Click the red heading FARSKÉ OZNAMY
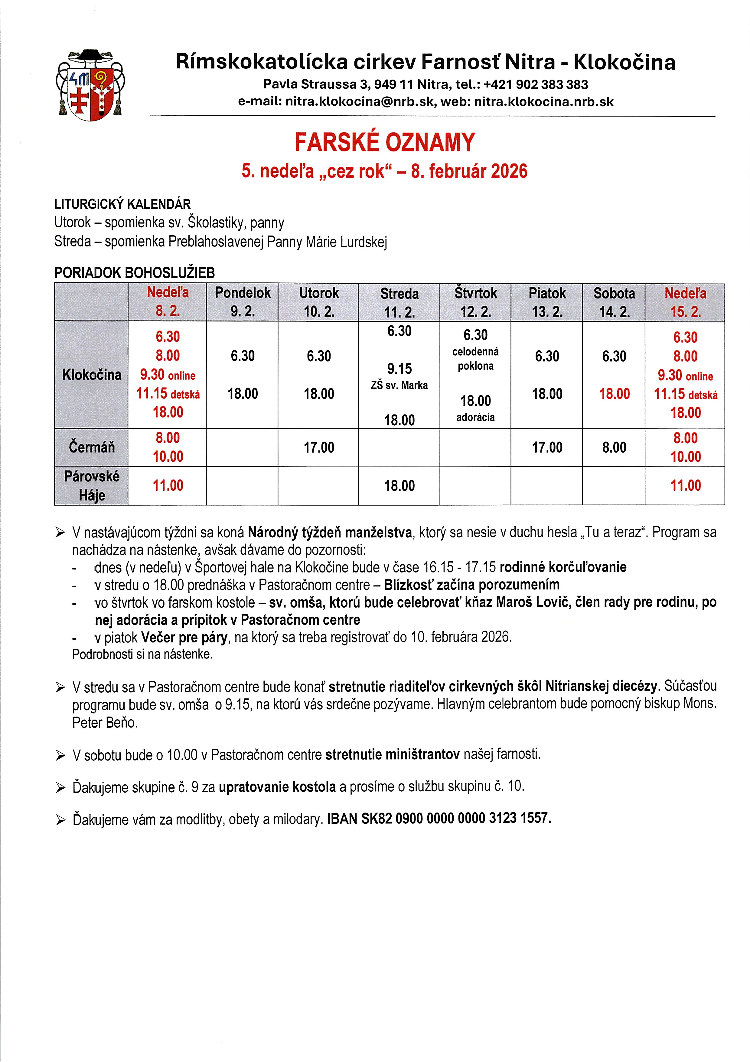click(384, 143)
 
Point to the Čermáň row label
click(92, 447)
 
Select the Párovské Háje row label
click(92, 486)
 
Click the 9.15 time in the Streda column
click(399, 369)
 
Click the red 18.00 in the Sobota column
click(614, 394)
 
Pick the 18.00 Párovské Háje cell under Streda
click(399, 486)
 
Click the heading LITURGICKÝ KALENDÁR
click(122, 204)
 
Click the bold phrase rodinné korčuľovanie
click(563, 567)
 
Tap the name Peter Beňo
click(105, 723)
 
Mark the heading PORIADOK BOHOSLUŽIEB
click(135, 273)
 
